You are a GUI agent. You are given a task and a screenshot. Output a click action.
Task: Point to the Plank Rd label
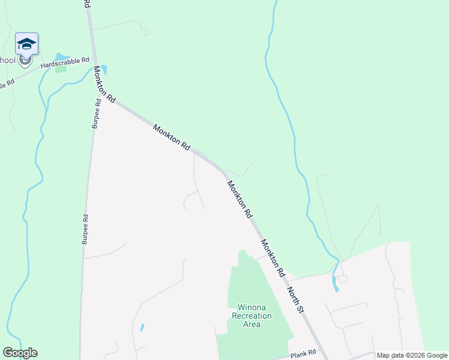pyautogui.click(x=303, y=353)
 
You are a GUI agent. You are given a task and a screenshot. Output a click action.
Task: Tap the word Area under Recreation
pyautogui.click(x=252, y=324)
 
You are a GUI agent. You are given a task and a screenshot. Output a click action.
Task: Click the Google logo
pyautogui.click(x=20, y=353)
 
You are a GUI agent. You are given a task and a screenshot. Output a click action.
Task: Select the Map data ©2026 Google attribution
pyautogui.click(x=412, y=355)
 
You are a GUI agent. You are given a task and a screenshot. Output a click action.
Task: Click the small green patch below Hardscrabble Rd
pyautogui.click(x=61, y=69)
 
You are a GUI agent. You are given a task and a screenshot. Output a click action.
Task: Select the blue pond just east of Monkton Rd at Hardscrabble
pyautogui.click(x=104, y=69)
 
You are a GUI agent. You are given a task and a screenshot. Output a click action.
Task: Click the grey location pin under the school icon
pyautogui.click(x=25, y=61)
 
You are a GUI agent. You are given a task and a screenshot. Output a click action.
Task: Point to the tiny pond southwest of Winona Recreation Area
pyautogui.click(x=142, y=328)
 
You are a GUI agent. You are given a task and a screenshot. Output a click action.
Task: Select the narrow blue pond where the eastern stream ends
pyautogui.click(x=335, y=281)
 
